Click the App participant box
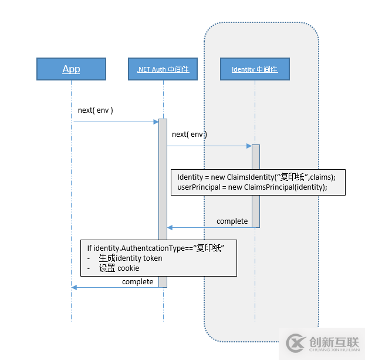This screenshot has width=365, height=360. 71,69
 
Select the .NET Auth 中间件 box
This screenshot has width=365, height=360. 163,69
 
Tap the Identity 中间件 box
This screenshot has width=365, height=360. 255,69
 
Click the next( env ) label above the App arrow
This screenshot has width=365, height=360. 95,110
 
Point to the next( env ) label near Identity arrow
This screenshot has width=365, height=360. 189,134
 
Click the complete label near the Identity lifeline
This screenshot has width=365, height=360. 232,221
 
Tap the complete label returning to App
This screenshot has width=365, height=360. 137,282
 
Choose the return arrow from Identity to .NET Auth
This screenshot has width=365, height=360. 209,227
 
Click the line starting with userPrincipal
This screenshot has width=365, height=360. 252,187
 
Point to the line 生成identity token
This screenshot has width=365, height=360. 130,258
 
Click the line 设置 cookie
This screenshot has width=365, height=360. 119,268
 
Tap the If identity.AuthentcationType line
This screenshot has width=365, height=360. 156,248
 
